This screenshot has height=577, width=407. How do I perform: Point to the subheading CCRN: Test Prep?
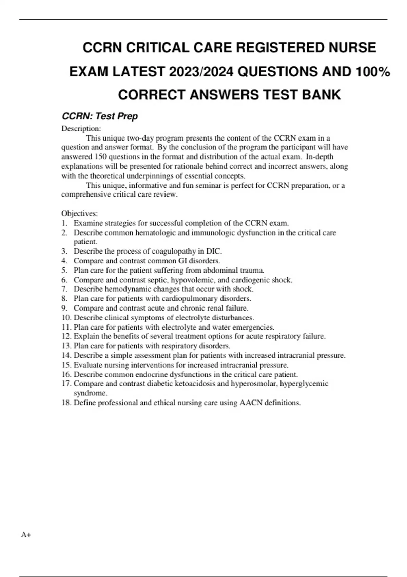click(100, 116)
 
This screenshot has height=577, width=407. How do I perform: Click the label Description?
click(81, 129)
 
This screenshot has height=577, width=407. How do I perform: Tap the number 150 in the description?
click(100, 157)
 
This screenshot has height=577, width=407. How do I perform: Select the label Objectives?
click(79, 213)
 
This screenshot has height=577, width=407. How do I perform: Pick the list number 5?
click(64, 271)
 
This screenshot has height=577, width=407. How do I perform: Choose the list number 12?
click(66, 336)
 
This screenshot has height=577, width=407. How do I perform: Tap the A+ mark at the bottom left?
click(26, 535)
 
